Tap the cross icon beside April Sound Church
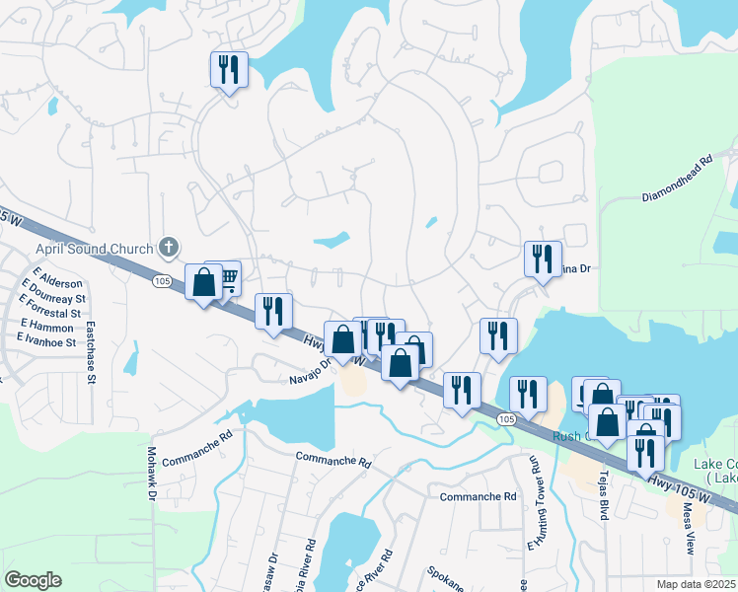pos(169,247)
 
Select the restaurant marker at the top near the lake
pos(229,69)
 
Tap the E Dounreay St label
pos(55,297)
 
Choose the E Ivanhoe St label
pos(46,341)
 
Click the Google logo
pos(33,580)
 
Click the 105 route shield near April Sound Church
pos(160,281)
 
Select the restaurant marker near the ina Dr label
pos(542,259)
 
